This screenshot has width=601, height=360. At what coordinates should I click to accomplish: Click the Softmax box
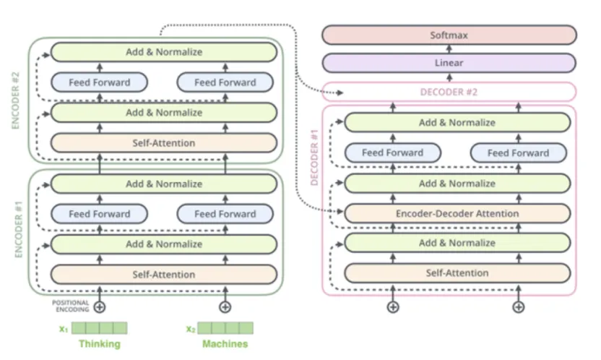pyautogui.click(x=449, y=35)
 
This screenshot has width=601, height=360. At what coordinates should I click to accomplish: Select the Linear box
pyautogui.click(x=449, y=63)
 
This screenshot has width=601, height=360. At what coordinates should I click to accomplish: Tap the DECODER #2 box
pyautogui.click(x=449, y=92)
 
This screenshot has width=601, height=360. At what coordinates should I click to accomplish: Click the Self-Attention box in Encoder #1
pyautogui.click(x=164, y=275)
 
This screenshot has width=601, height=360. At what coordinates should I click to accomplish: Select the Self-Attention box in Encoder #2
pyautogui.click(x=164, y=142)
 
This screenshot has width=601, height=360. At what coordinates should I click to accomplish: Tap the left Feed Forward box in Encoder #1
pyautogui.click(x=100, y=214)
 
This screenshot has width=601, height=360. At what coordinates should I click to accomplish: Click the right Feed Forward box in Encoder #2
pyautogui.click(x=225, y=82)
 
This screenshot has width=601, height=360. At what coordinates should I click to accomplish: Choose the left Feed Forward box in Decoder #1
pyautogui.click(x=393, y=153)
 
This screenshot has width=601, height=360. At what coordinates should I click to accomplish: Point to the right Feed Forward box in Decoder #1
pyautogui.click(x=518, y=153)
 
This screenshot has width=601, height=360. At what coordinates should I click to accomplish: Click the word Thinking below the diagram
pyautogui.click(x=100, y=344)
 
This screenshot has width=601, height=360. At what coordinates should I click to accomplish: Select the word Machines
pyautogui.click(x=225, y=344)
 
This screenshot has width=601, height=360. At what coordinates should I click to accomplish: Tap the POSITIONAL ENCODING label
pyautogui.click(x=70, y=306)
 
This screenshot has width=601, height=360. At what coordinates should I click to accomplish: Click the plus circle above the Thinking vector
pyautogui.click(x=100, y=307)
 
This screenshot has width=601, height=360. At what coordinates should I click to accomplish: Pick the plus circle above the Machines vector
pyautogui.click(x=225, y=307)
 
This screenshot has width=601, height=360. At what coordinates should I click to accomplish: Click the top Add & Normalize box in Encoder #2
pyautogui.click(x=164, y=52)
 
